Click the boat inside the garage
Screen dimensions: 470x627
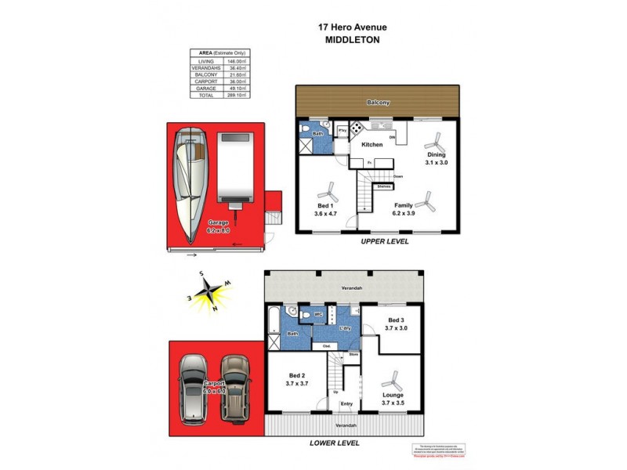190,184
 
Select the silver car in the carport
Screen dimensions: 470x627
194,389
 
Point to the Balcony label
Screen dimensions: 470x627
379,103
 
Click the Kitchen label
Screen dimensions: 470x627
371,145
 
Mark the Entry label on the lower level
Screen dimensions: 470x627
346,404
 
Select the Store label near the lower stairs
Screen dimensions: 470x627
353,354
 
